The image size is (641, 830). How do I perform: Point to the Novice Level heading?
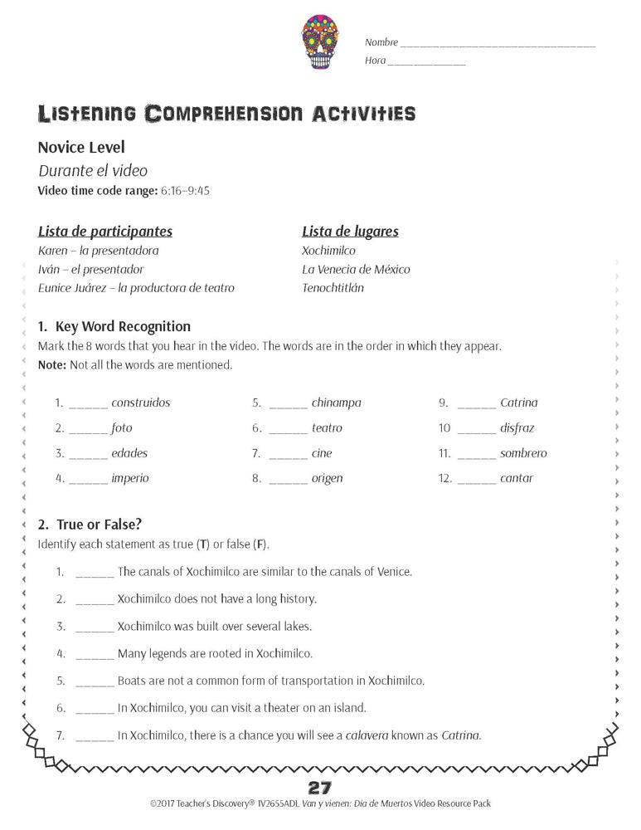pyautogui.click(x=81, y=147)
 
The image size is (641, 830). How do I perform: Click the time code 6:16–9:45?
pyautogui.click(x=186, y=190)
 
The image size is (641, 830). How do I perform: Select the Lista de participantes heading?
pyautogui.click(x=105, y=232)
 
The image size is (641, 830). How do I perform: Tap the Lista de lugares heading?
pyautogui.click(x=350, y=232)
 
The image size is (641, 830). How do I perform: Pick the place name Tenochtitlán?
pyautogui.click(x=333, y=288)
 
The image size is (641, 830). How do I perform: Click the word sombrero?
pyautogui.click(x=523, y=453)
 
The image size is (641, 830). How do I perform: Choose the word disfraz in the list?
pyautogui.click(x=517, y=428)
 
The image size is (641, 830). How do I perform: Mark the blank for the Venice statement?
pyautogui.click(x=95, y=574)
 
